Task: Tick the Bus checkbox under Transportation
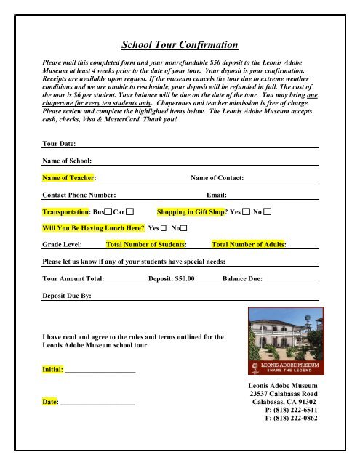click(x=108, y=211)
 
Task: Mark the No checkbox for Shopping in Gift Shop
click(x=268, y=211)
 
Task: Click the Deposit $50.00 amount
click(x=171, y=278)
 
